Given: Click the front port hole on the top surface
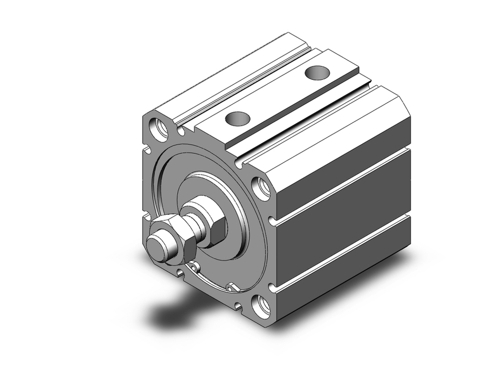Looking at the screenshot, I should [237, 119].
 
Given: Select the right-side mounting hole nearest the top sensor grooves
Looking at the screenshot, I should [260, 188].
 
